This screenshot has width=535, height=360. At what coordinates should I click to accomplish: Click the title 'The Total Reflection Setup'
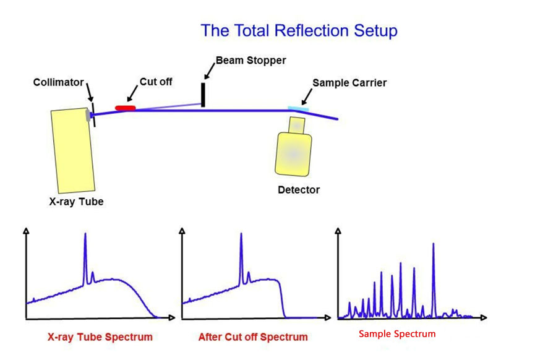coord(299,30)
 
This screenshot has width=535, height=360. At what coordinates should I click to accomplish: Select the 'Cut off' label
coord(156,82)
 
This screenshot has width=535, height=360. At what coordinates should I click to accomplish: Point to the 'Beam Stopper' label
coord(250,61)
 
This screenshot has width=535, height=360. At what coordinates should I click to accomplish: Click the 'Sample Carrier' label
coord(349,82)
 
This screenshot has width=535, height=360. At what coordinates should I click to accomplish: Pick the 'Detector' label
coord(299,189)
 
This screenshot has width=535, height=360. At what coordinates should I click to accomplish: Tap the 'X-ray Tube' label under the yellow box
coord(77,201)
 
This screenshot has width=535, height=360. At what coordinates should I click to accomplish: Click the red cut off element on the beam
coord(126,108)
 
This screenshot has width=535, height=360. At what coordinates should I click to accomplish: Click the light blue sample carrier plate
coord(298,109)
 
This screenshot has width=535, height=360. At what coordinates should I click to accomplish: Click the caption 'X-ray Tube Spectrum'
coord(100,337)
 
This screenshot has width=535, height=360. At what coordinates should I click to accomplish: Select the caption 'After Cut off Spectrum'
coord(252,337)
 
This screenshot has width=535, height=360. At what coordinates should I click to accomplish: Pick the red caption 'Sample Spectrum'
coord(397,334)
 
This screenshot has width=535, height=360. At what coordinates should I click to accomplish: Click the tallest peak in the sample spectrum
coord(434,247)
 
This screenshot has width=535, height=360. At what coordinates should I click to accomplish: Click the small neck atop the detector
coord(296,124)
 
